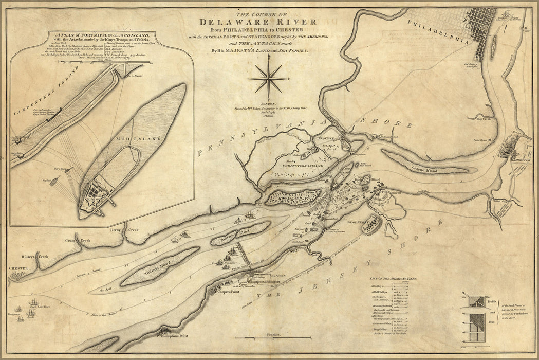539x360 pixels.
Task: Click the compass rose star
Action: point(268,79)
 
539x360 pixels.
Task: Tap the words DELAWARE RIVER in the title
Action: point(258,22)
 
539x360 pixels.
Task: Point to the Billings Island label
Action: point(239,233)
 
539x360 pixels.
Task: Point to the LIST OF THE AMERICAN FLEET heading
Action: point(392,279)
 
